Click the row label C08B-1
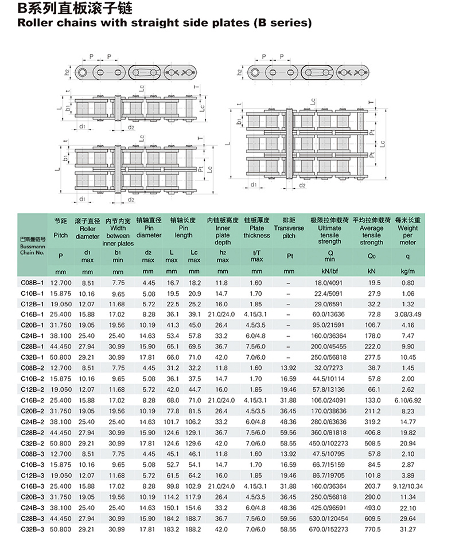click(32, 283)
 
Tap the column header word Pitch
click(60, 235)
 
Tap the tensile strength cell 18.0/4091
click(330, 283)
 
